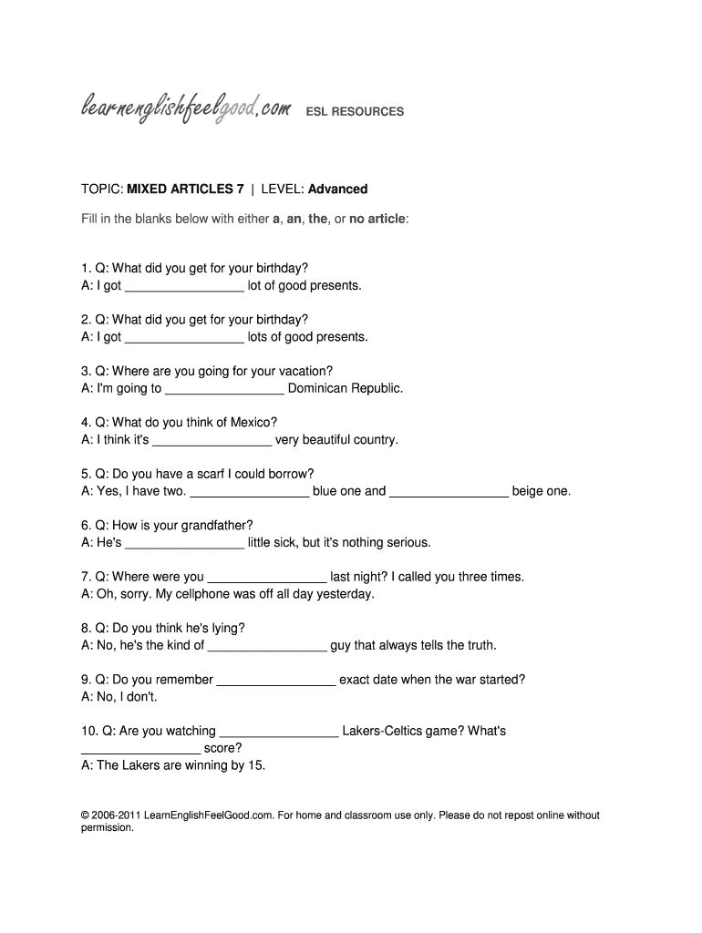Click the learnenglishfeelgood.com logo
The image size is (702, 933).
(186, 111)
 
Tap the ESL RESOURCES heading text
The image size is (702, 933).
(354, 112)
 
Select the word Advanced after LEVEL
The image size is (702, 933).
(337, 190)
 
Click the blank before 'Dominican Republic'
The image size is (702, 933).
(224, 390)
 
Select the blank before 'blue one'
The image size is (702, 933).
(249, 493)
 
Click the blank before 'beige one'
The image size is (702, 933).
(449, 493)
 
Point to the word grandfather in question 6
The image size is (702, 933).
(213, 526)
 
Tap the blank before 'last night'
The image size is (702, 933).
(267, 579)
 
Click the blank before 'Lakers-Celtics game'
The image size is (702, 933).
(279, 733)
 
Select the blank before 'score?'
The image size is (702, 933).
(140, 750)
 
